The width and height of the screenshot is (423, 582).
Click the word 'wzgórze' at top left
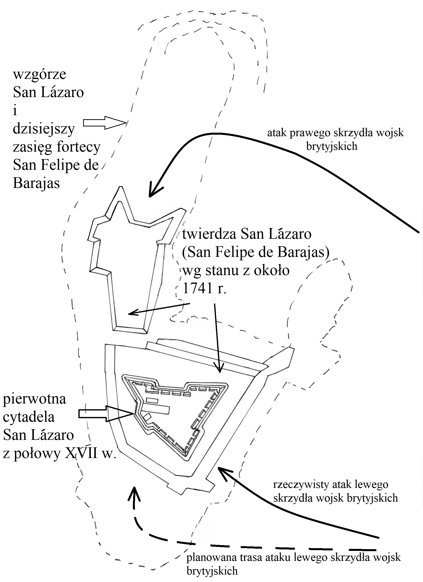40,75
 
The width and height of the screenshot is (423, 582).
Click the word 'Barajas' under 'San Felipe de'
36,183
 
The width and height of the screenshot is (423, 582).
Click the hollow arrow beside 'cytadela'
106,413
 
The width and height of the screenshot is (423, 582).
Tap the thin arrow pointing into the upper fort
159,309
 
